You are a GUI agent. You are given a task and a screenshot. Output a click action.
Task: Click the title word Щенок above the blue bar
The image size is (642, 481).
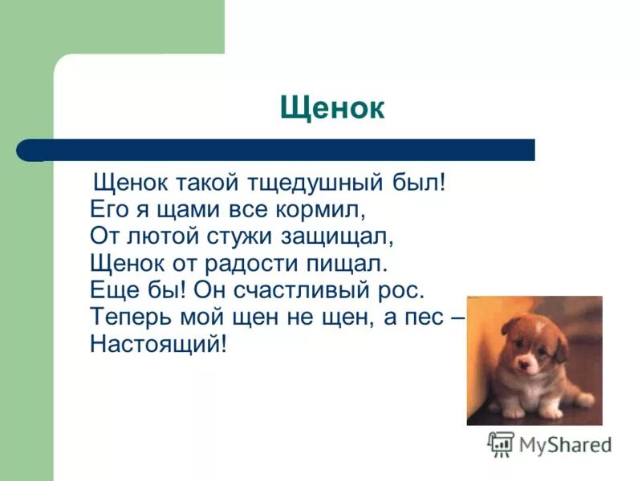332,108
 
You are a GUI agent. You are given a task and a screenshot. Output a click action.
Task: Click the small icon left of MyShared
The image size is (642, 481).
502,443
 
